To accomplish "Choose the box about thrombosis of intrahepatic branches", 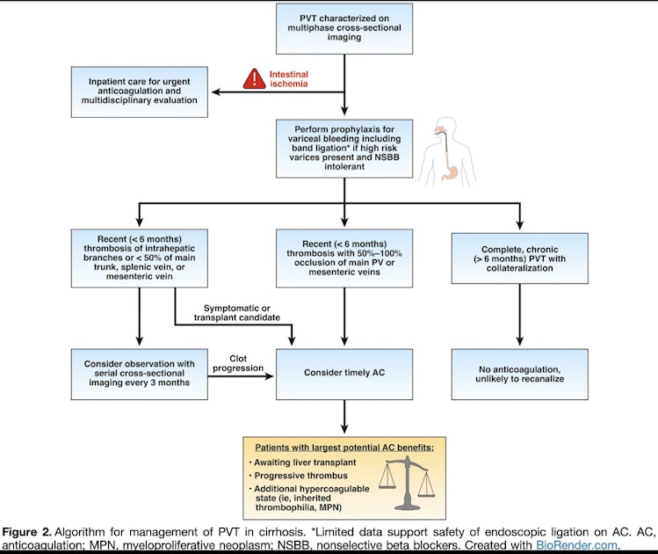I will coord(137,257).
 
